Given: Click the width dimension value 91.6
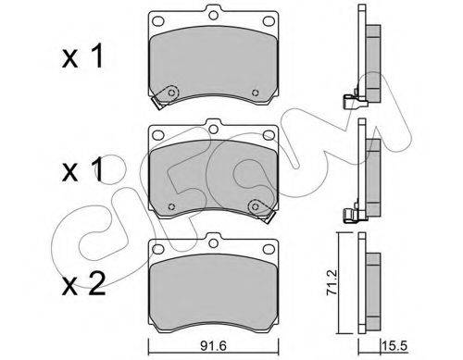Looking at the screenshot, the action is click(x=213, y=346).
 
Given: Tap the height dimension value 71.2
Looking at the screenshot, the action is click(x=332, y=282).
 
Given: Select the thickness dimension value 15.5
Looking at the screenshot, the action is click(x=394, y=346).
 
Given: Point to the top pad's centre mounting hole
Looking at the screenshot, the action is click(x=213, y=15).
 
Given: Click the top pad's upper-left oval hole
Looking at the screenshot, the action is click(x=158, y=21).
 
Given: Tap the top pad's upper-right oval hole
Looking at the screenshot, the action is click(x=269, y=21).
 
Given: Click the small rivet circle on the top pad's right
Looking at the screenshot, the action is click(x=255, y=93).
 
